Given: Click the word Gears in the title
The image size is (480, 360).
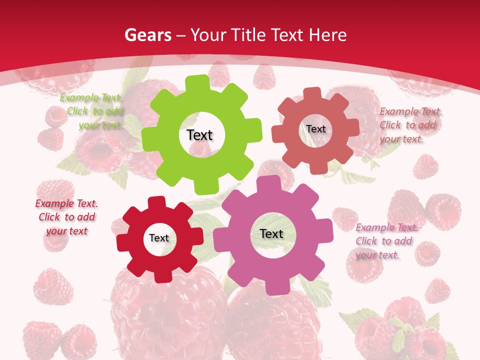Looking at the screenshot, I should pyautogui.click(x=148, y=35).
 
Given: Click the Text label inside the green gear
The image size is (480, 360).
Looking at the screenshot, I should pyautogui.click(x=199, y=135).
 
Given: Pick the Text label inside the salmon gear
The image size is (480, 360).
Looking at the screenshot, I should pyautogui.click(x=316, y=129).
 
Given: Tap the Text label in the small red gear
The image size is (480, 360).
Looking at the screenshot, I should pyautogui.click(x=159, y=238).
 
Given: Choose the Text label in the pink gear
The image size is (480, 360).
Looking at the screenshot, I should pyautogui.click(x=271, y=233).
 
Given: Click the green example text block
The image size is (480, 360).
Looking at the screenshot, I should pyautogui.click(x=92, y=111).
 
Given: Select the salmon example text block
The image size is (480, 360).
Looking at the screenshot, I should pyautogui.click(x=410, y=125).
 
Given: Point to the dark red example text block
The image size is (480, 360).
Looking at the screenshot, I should pyautogui.click(x=66, y=217).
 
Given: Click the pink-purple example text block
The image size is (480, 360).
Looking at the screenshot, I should pyautogui.click(x=386, y=241).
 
